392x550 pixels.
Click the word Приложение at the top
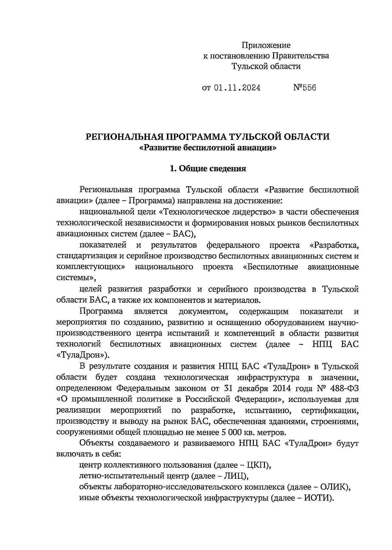pos(266,45)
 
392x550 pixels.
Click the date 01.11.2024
pos(237,88)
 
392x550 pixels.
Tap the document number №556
pos(305,88)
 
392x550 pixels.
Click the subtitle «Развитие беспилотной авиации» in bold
pos(207,148)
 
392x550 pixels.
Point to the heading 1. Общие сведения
pos(207,169)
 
